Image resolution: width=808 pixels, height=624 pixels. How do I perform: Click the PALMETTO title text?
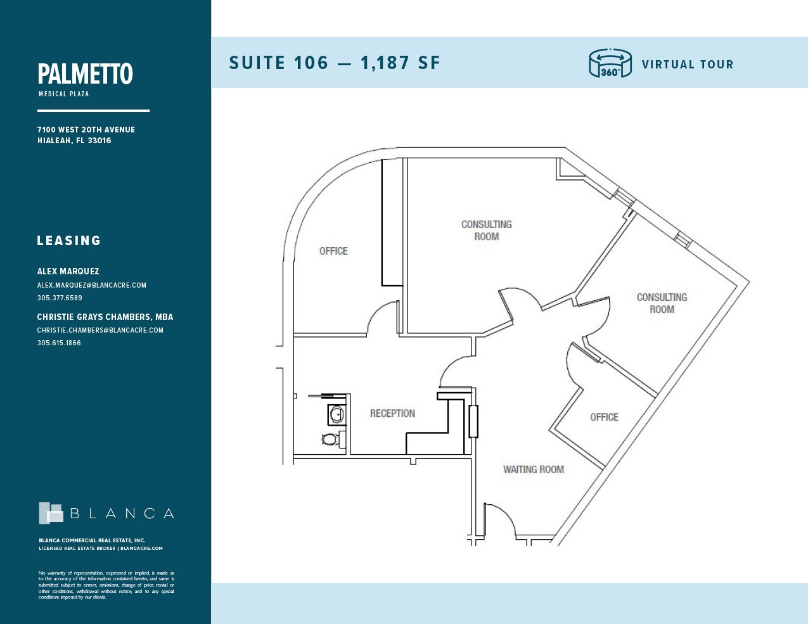85,74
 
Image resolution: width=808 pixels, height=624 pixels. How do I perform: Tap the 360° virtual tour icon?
610,63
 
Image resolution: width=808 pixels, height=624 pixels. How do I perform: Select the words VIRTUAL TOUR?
687,65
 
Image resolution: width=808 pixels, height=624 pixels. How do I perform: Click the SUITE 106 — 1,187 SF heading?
334,63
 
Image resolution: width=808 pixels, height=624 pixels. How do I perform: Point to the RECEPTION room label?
392,413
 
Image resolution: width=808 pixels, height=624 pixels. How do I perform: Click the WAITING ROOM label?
533,469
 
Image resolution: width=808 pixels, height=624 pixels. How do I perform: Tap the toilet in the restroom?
330,438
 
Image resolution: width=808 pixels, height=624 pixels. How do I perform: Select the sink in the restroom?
337,415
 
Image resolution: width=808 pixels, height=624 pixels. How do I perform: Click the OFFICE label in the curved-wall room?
333,251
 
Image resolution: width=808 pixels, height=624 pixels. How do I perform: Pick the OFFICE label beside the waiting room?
604,417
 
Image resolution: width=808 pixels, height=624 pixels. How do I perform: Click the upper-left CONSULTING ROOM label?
486,231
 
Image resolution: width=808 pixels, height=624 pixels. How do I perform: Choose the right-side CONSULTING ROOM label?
662,303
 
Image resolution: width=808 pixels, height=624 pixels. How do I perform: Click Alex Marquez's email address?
91,285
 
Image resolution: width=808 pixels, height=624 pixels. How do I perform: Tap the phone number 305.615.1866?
59,343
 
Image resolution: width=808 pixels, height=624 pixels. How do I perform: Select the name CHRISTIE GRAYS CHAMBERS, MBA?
105,317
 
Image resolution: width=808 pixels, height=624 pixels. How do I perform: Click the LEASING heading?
69,241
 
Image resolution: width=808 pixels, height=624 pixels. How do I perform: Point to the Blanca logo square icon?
51,513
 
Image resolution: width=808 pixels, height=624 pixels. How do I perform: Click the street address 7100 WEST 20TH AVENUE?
86,129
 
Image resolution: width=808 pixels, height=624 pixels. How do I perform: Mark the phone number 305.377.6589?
60,298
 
